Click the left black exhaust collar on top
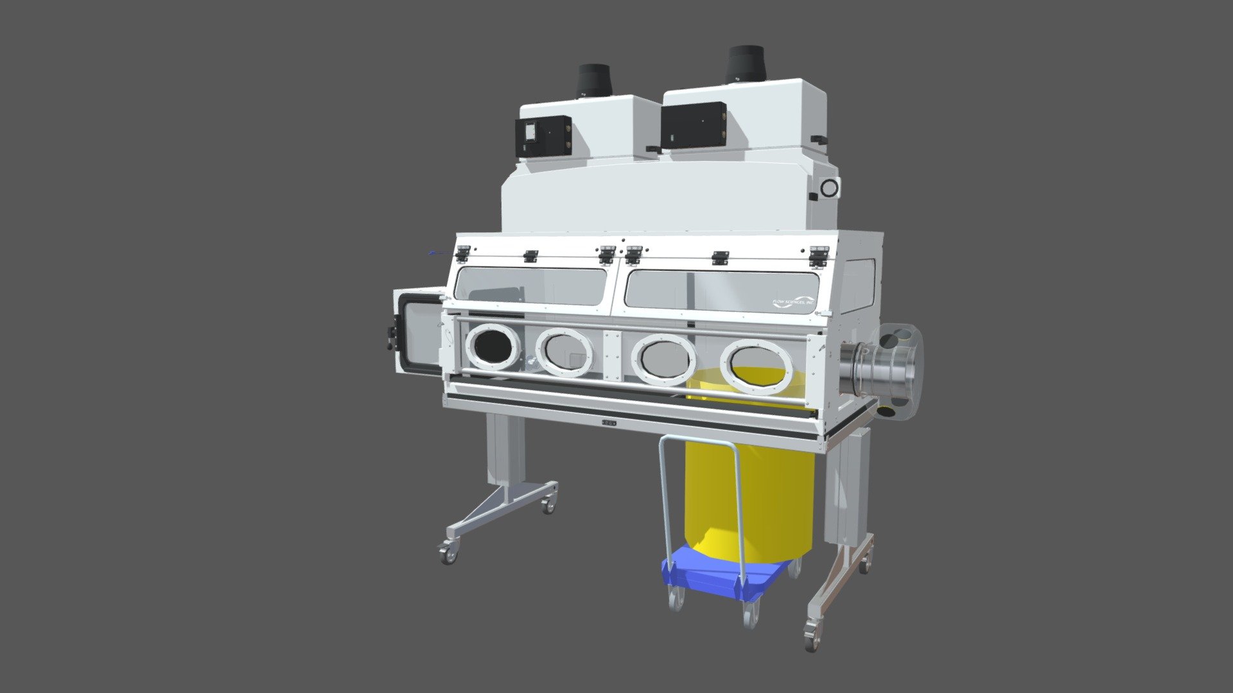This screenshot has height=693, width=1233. pos(595,80)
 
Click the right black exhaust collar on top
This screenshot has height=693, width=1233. pos(745,64)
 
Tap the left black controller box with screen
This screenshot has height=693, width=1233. pos(543,137)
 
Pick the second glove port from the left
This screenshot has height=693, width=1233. pos(564,352)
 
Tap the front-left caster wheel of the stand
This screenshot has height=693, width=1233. pos(448,552)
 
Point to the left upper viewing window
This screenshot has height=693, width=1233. pos(530,286)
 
